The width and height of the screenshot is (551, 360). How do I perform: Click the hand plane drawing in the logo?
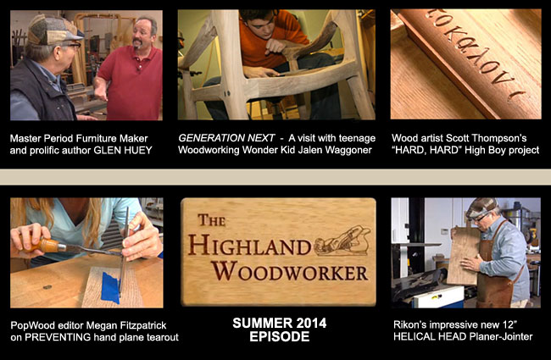pyautogui.click(x=342, y=242)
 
